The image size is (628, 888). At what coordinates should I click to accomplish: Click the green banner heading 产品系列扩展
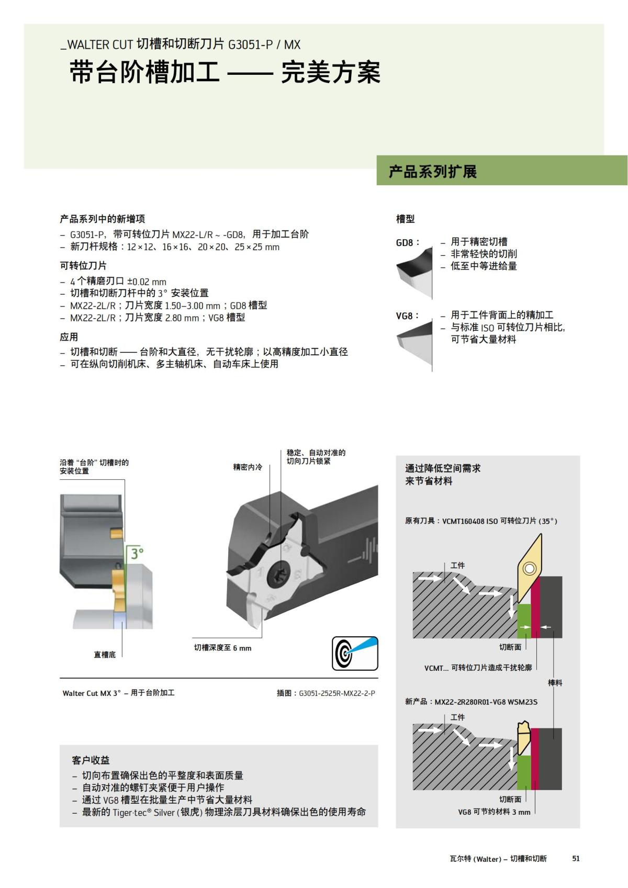433,172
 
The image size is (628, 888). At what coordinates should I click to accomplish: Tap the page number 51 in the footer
576,858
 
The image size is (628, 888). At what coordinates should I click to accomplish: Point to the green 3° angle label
137,553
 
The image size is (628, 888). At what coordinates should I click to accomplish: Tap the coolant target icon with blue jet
355,653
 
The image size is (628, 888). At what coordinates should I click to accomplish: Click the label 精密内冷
248,467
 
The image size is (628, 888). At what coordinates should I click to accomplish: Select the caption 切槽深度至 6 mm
222,648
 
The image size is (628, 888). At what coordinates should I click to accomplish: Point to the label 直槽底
105,655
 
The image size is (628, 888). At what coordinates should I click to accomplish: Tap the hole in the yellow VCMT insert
530,567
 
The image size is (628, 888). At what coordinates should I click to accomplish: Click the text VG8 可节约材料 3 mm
494,812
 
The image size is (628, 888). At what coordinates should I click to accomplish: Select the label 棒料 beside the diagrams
555,683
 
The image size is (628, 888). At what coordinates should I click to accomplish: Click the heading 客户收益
91,760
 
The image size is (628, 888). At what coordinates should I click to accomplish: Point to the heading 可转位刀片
83,266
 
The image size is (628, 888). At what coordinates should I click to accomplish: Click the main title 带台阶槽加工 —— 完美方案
225,72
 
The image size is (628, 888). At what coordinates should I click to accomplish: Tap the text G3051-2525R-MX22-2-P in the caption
337,693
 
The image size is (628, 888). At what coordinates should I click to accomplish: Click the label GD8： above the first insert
407,243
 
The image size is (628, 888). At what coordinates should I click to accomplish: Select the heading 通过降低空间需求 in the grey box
443,468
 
